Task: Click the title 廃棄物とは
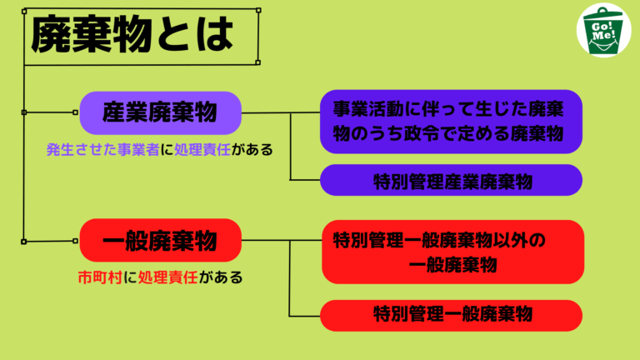pos(132,35)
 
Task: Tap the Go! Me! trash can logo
pos(603,30)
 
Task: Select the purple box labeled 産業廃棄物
pos(160,113)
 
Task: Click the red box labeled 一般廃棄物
pos(160,240)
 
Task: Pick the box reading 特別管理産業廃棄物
pos(451,180)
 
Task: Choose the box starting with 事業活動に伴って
pos(451,122)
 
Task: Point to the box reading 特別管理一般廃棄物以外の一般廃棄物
pos(452,252)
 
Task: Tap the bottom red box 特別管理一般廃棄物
pos(451,316)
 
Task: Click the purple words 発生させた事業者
pos(102,150)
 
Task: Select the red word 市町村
pos(100,277)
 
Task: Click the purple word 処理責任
pos(202,150)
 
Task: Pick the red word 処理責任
pos(168,277)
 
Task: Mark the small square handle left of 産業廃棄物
pos(75,112)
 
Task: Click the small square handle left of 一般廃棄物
pos(75,241)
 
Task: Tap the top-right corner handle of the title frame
pos(258,10)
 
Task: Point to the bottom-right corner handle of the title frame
pos(258,62)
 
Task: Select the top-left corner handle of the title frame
pos(24,12)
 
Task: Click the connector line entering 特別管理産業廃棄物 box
pos(305,180)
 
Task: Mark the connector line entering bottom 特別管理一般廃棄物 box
pos(304,316)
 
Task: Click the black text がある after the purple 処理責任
pos(252,150)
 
